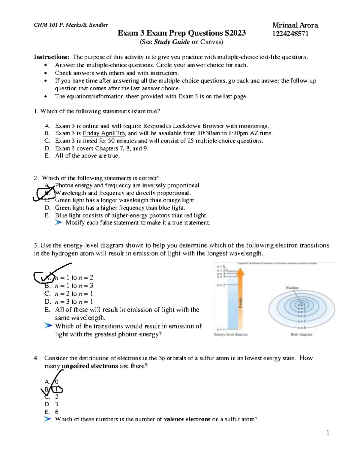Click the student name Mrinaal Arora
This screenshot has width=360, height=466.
click(x=295, y=25)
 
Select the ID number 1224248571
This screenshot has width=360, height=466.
click(x=290, y=34)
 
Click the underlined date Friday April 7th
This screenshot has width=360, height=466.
click(x=104, y=133)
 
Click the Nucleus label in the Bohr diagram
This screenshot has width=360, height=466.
click(x=292, y=287)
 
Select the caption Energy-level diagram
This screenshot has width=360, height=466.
click(x=231, y=334)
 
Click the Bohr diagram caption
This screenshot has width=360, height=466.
click(x=301, y=334)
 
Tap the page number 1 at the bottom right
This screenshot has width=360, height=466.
click(x=328, y=433)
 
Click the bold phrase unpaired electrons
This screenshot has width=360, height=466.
click(x=90, y=366)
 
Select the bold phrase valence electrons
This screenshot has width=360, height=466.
click(x=187, y=419)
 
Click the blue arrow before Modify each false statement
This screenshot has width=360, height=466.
click(x=58, y=222)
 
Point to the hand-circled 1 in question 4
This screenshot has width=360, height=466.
click(x=57, y=389)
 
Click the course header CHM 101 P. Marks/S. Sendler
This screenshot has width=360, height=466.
click(x=71, y=25)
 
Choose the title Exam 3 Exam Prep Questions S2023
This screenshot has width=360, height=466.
click(x=181, y=33)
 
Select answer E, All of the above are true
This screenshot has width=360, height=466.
click(x=87, y=156)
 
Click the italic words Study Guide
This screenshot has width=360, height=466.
click(x=172, y=42)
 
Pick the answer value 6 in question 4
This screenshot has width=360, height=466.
click(x=57, y=412)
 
